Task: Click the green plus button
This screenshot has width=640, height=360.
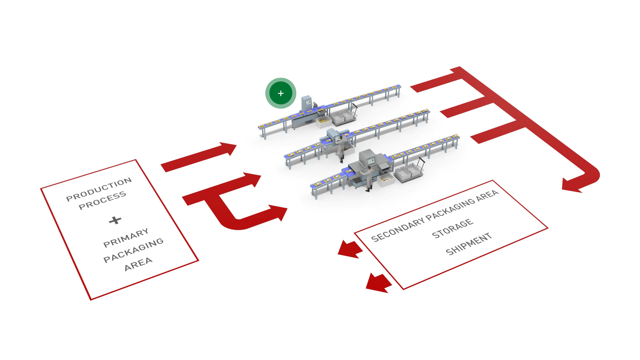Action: tap(281, 93)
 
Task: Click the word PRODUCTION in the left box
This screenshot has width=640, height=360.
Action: tap(99, 189)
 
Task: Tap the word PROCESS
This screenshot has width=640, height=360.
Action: tap(102, 201)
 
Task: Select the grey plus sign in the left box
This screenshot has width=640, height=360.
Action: tap(115, 220)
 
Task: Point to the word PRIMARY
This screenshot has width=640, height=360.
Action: tap(126, 238)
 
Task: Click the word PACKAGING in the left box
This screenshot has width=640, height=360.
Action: tap(133, 250)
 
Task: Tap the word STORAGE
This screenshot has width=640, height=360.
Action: tap(452, 229)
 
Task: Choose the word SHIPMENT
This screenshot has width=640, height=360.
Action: tap(468, 244)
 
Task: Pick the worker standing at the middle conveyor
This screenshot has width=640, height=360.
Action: tap(341, 149)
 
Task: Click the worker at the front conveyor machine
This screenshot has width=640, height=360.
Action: tap(369, 178)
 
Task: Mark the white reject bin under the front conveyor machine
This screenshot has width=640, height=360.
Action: tap(386, 180)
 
